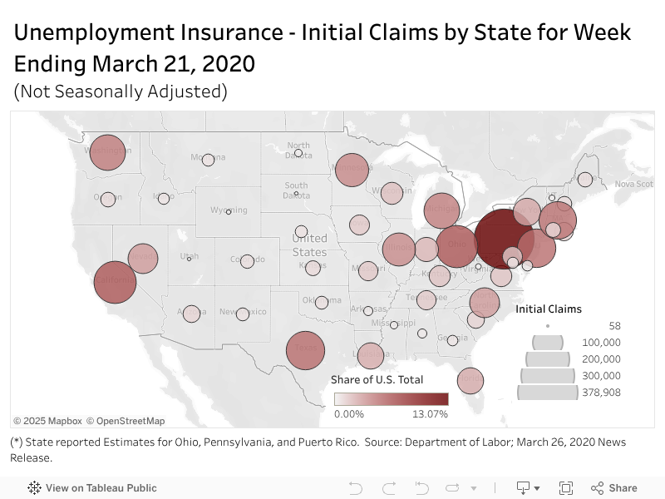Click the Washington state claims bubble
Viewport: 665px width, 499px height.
click(x=107, y=152)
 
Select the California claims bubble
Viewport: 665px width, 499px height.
click(x=115, y=282)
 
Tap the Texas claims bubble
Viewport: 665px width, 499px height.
click(x=305, y=350)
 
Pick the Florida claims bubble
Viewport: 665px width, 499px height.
click(x=470, y=380)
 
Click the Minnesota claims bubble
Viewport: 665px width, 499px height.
click(x=351, y=170)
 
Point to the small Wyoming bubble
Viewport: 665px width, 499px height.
click(x=229, y=211)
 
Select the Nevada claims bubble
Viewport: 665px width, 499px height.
click(x=142, y=259)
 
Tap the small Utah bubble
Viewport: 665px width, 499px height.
click(x=189, y=259)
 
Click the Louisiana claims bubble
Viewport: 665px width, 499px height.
click(x=371, y=355)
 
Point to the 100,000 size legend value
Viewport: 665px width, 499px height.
click(x=601, y=343)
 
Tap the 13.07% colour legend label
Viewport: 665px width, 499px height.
click(x=431, y=414)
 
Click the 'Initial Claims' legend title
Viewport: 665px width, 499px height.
click(x=549, y=309)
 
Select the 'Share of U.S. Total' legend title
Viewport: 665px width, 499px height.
click(x=377, y=379)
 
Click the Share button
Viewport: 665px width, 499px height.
click(x=614, y=488)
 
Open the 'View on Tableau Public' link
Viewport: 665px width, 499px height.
click(x=101, y=488)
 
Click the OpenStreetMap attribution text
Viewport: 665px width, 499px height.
click(x=126, y=421)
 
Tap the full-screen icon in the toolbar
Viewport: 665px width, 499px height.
click(x=566, y=488)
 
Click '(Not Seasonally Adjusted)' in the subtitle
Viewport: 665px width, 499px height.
click(x=121, y=91)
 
